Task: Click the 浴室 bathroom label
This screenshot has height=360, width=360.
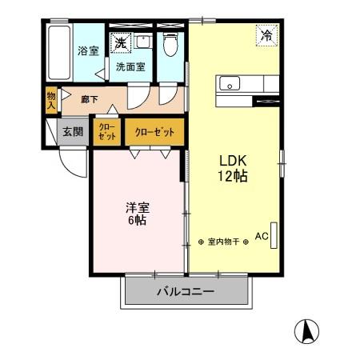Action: [x=88, y=51]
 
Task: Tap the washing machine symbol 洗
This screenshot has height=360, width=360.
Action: [x=119, y=42]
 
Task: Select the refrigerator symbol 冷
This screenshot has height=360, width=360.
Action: [x=266, y=35]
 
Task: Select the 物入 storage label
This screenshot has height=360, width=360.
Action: [x=50, y=99]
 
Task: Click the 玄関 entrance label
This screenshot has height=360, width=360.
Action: [x=74, y=132]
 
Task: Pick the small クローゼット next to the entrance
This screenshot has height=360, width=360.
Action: [x=107, y=131]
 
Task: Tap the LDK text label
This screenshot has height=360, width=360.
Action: [x=234, y=160]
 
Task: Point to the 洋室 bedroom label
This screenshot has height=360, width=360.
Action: [x=137, y=206]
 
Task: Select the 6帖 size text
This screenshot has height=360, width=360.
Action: [x=137, y=221]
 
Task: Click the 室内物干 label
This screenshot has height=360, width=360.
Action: [x=223, y=241]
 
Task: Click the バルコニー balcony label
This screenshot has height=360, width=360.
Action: [x=185, y=293]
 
